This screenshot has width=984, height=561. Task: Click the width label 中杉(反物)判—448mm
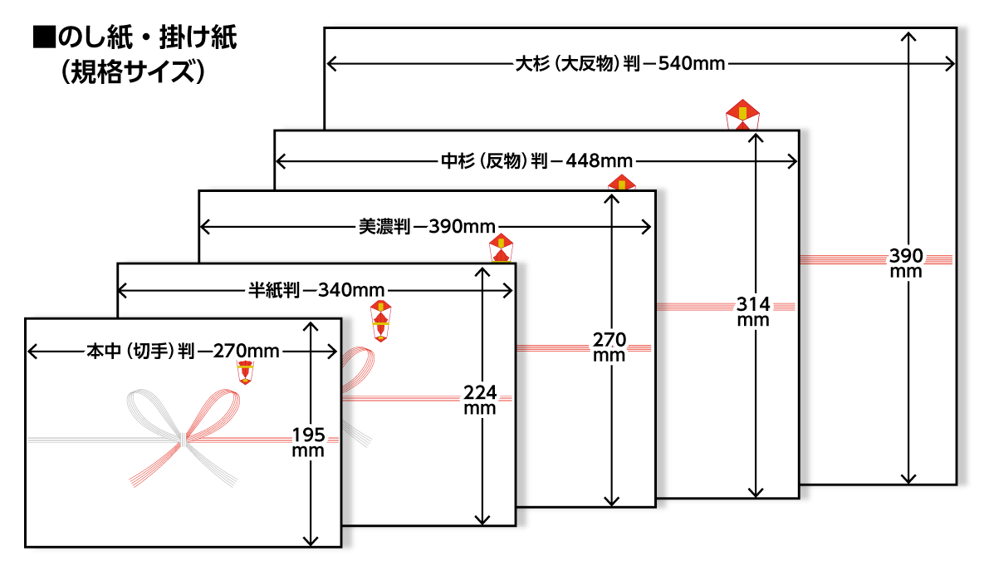(x=536, y=160)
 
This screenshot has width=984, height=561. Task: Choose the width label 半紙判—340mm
(x=316, y=290)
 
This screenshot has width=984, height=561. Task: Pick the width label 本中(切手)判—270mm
(x=183, y=352)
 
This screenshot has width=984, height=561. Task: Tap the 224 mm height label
(x=480, y=398)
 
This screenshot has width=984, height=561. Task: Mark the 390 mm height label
(x=906, y=261)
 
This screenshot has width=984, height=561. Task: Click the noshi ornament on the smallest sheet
(x=245, y=372)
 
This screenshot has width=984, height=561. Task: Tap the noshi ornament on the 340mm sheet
(x=381, y=320)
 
